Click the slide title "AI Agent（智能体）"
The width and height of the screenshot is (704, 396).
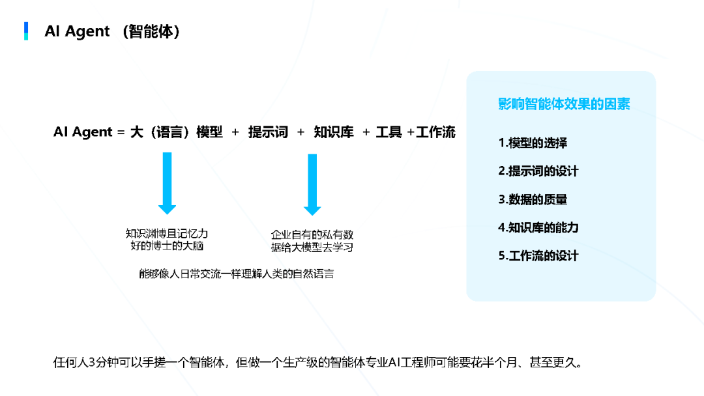coord(111,31)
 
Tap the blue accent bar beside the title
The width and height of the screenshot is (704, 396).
coord(26,31)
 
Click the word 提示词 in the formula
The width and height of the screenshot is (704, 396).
coord(268,132)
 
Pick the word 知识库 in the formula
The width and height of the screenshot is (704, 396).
coord(334,132)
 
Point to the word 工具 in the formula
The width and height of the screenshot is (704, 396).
coord(389,132)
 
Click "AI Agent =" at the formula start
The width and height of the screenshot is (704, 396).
coord(89,132)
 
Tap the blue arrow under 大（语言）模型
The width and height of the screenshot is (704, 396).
coord(168,183)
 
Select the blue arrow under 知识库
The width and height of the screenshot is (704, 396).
coord(312,184)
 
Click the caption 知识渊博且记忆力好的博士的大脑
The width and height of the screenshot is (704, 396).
coord(167,239)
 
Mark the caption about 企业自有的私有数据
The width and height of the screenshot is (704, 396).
coord(312,241)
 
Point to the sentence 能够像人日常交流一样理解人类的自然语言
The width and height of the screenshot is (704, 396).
coord(236,274)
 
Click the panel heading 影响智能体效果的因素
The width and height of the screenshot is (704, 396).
coord(564,104)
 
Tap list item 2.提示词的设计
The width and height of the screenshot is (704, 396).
coord(538,171)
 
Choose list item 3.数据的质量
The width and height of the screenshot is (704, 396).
coord(533,199)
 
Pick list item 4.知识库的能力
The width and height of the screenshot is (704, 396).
coord(538,227)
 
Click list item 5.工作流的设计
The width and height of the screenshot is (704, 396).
coord(538,255)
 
